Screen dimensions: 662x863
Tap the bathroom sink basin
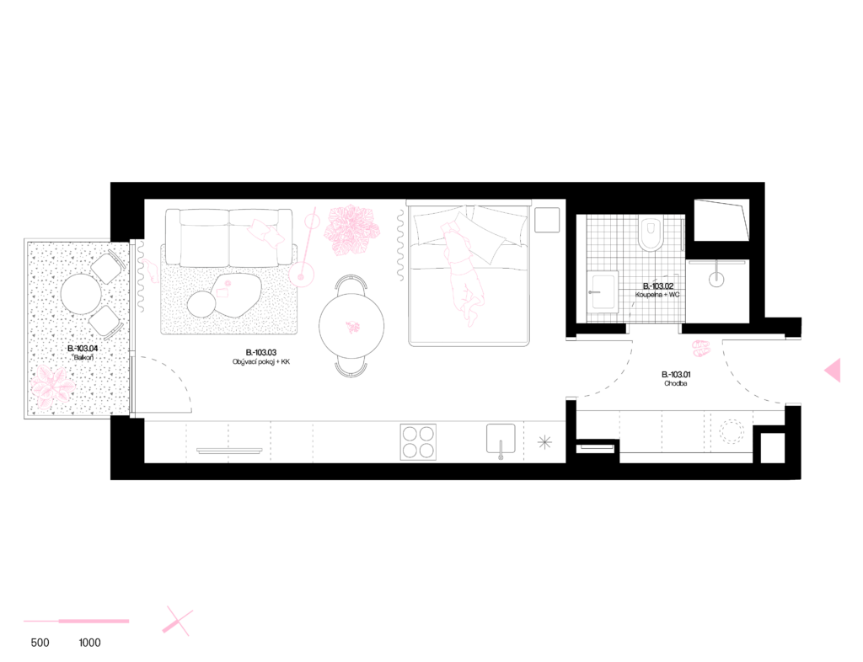pos(603,292)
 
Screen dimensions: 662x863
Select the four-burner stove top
pos(418,442)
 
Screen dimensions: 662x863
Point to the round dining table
pos(351,326)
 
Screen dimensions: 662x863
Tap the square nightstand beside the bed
pos(547,220)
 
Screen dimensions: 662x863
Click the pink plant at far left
pos(52,387)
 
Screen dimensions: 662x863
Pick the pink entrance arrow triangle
pos(834,370)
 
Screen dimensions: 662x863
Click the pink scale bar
pos(76,622)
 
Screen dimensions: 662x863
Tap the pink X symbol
pos(177,621)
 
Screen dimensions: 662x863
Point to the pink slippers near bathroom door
pos(701,348)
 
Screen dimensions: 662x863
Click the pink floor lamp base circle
pos(301,274)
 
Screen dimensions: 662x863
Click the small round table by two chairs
pos(81,294)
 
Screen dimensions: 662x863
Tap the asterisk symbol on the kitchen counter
pos(544,442)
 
